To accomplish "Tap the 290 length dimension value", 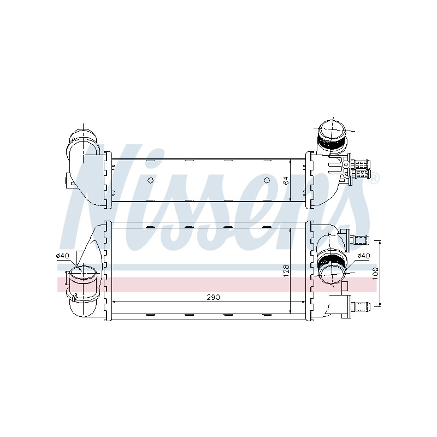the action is click(213, 297).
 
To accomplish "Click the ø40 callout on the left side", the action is click(63, 256).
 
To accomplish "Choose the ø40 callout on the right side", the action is click(363, 255).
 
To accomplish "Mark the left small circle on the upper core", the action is click(151, 180).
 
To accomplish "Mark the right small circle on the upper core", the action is click(267, 180).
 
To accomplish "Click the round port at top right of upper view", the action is click(332, 131).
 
